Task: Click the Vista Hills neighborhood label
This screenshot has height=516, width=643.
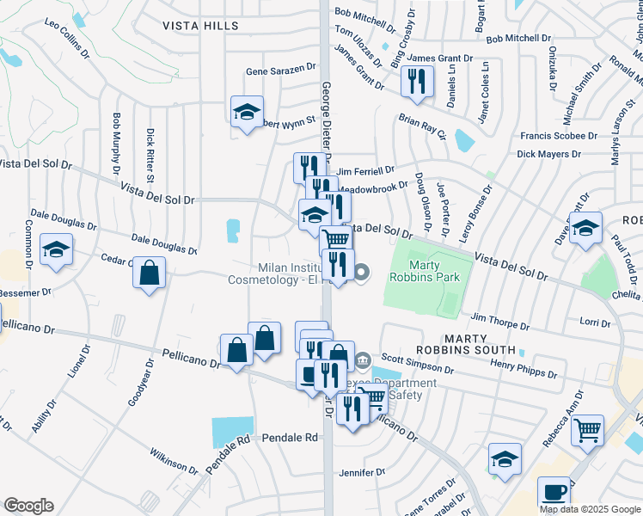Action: tap(200, 27)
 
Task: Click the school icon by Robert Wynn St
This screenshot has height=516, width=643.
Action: tap(247, 111)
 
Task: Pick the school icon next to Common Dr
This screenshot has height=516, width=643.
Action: tap(57, 250)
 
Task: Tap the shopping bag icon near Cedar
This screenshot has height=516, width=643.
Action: tap(150, 273)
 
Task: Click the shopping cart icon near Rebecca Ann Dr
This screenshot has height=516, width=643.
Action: tap(587, 429)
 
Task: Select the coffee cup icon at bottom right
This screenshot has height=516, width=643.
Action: tap(554, 492)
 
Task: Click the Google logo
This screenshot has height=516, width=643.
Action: tap(28, 506)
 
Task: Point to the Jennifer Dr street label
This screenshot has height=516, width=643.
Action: tap(362, 472)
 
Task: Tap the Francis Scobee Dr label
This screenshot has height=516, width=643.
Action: tap(559, 136)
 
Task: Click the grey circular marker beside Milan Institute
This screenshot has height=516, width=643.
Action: tap(362, 273)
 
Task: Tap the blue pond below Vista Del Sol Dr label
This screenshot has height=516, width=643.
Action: tap(233, 230)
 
